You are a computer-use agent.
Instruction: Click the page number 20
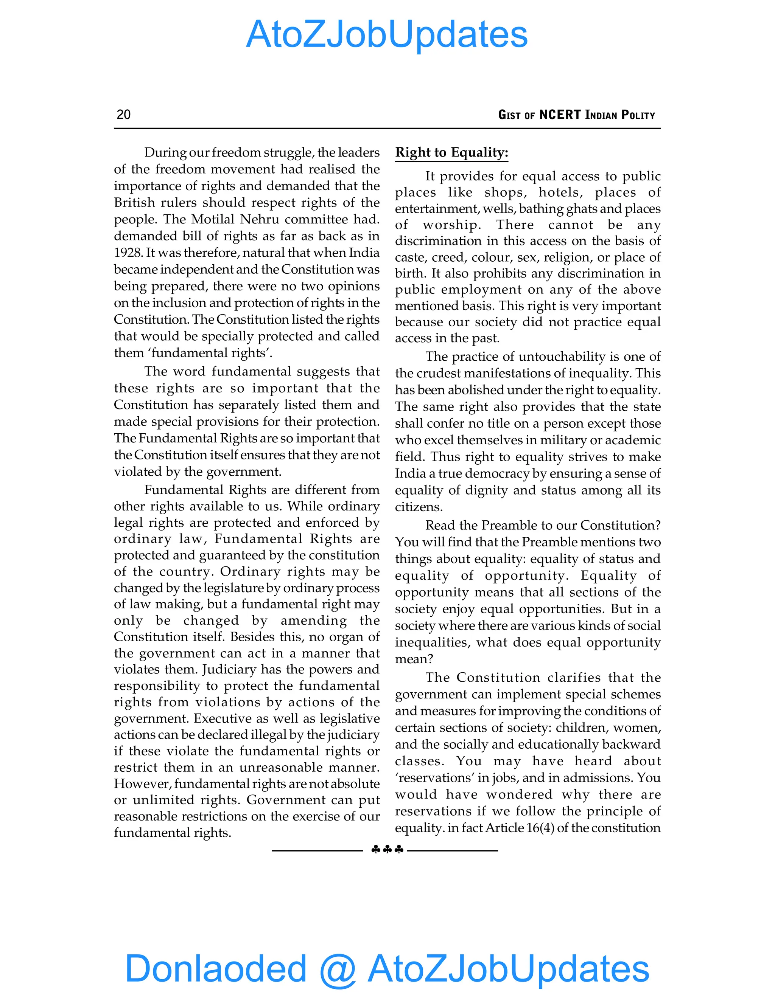click(123, 114)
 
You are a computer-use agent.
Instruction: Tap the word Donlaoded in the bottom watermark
click(215, 968)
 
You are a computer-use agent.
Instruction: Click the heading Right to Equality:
click(452, 152)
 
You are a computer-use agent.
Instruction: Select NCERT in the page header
click(560, 115)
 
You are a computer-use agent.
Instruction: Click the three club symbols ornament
click(387, 850)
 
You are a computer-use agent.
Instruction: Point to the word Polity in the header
click(638, 115)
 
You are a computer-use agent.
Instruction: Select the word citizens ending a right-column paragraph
click(418, 507)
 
